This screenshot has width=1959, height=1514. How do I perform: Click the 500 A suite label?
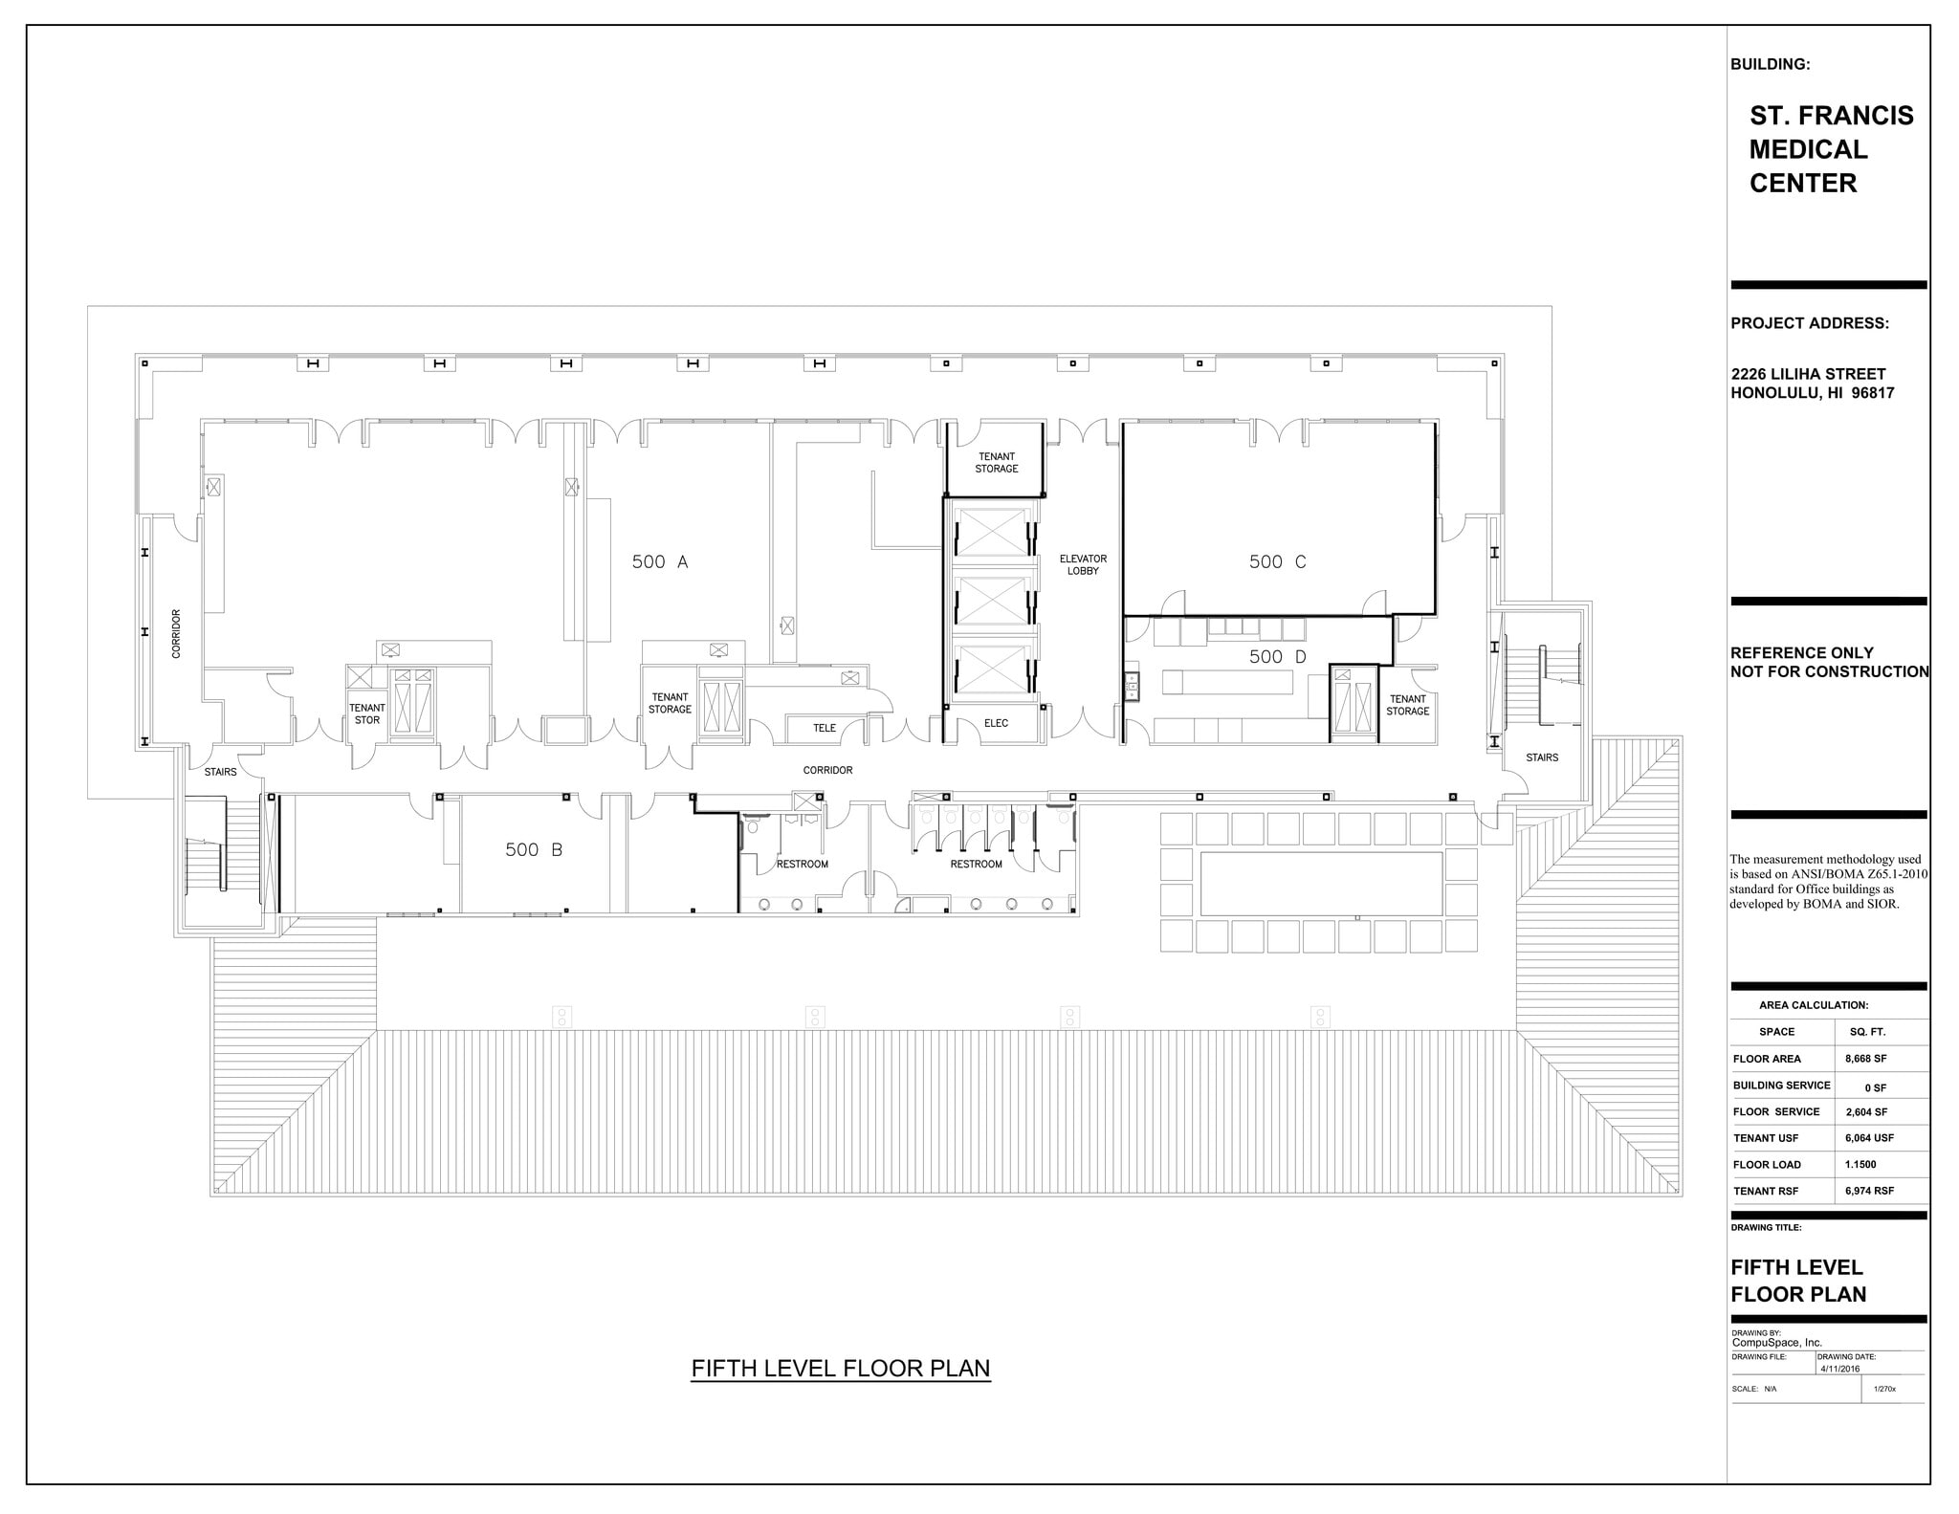click(x=659, y=562)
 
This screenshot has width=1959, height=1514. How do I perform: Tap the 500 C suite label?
click(x=1276, y=562)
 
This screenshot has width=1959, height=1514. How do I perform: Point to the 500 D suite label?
click(x=1276, y=657)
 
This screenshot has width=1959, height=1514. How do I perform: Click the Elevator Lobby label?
click(x=1083, y=564)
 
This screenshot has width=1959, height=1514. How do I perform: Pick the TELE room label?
click(x=824, y=728)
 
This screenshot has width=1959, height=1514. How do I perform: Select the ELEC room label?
click(x=996, y=723)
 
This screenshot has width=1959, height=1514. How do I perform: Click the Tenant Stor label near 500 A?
click(x=366, y=714)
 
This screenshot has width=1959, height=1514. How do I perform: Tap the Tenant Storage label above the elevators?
click(x=996, y=463)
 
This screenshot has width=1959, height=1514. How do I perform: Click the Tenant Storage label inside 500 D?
click(x=1407, y=705)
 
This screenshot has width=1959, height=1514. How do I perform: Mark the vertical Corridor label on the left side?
click(x=176, y=633)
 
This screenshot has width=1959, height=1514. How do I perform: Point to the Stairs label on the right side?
click(x=1541, y=757)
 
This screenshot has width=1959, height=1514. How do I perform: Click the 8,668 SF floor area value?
click(x=1865, y=1059)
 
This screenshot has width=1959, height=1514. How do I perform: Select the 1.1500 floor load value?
click(x=1860, y=1165)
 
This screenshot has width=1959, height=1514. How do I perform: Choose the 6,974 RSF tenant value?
click(x=1869, y=1191)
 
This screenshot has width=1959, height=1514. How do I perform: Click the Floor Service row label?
click(x=1775, y=1111)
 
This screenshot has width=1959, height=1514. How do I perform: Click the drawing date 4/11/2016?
click(x=1839, y=1369)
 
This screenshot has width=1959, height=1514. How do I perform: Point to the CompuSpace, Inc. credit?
click(x=1776, y=1343)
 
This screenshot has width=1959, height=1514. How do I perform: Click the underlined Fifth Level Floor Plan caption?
click(x=840, y=1369)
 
